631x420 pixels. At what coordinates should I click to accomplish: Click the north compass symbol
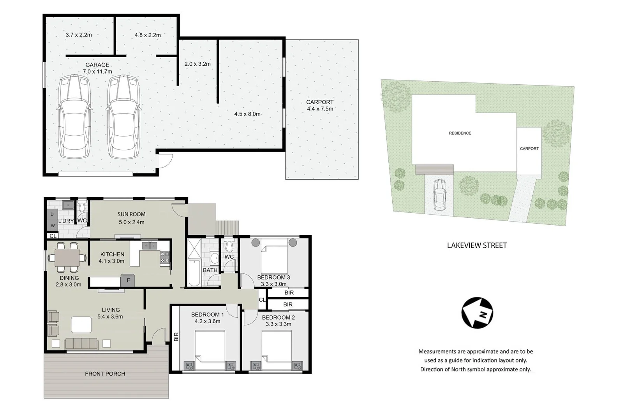(x=477, y=313)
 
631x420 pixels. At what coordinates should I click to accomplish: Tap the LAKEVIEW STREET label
(x=477, y=245)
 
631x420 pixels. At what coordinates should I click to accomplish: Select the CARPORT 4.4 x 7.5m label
(x=320, y=105)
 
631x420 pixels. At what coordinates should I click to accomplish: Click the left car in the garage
(x=74, y=117)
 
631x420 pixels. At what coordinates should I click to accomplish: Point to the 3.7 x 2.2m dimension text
(x=79, y=35)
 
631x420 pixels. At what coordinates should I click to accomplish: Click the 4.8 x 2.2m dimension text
(x=148, y=35)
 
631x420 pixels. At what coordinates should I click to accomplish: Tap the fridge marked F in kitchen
(x=128, y=280)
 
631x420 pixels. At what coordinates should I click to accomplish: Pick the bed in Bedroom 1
(x=210, y=350)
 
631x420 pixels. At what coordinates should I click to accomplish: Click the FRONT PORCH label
(x=105, y=374)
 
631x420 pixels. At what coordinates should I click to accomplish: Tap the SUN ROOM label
(x=132, y=214)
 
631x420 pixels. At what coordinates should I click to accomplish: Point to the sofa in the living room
(x=81, y=344)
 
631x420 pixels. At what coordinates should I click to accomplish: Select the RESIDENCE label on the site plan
(x=460, y=133)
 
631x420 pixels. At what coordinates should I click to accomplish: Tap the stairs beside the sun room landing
(x=227, y=228)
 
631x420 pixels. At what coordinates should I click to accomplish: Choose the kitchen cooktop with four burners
(x=165, y=258)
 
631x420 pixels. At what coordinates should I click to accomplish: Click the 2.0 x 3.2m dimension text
(x=197, y=64)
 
